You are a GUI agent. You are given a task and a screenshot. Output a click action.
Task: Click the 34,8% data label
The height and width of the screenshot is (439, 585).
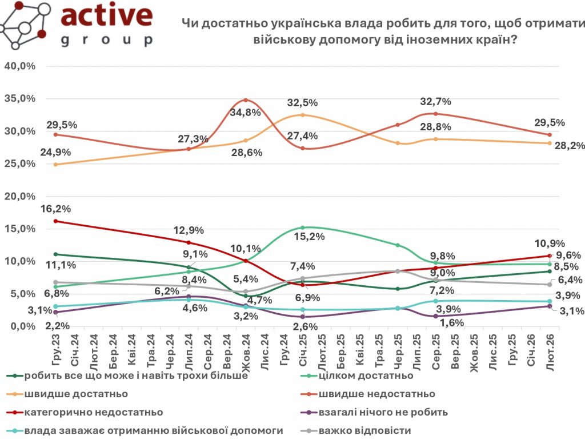(x=245, y=113)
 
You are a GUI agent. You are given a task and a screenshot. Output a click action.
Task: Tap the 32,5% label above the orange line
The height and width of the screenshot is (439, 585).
(x=303, y=103)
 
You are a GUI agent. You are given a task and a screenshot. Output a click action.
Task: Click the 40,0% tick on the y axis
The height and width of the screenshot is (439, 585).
(x=20, y=66)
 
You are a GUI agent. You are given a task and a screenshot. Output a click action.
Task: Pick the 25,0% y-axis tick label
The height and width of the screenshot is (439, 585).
(x=20, y=164)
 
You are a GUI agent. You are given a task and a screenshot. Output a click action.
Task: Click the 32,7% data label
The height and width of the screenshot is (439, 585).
(x=436, y=102)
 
